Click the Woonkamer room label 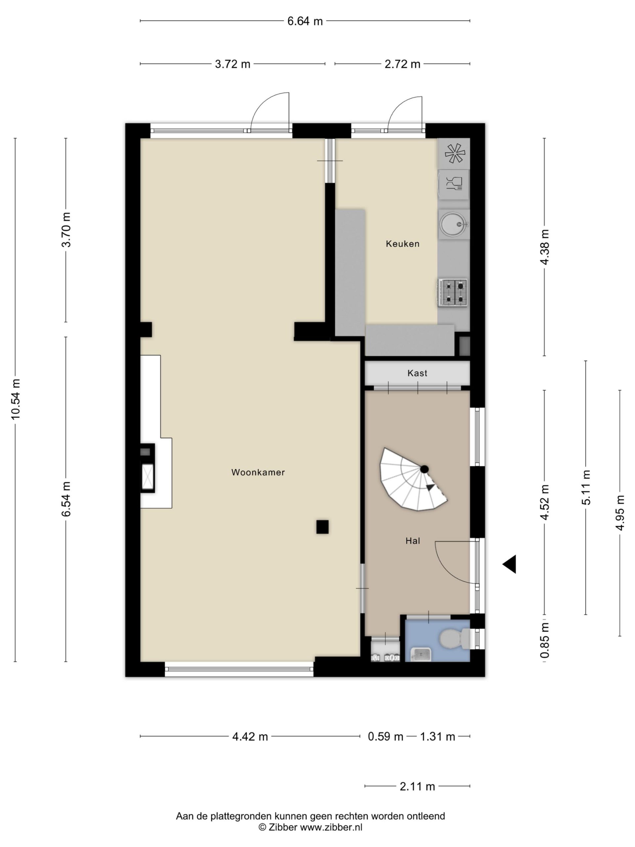(258, 472)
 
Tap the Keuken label (402, 244)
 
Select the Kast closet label (417, 373)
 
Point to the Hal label (413, 541)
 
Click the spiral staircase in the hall (413, 479)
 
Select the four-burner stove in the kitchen (453, 292)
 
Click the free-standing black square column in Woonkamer (322, 527)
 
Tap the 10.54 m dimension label (15, 399)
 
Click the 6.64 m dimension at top (305, 21)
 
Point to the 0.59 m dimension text (385, 736)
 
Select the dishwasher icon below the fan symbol (454, 184)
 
